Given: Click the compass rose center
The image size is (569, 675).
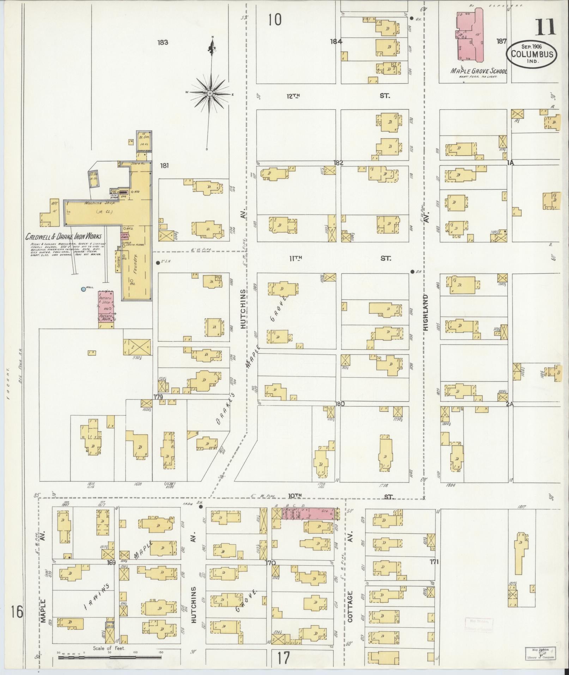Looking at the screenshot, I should (210, 93).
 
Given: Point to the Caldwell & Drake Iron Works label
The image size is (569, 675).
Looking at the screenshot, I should (63, 236).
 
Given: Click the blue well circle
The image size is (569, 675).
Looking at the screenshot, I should (83, 289).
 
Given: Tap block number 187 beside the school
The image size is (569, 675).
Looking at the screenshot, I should (501, 41).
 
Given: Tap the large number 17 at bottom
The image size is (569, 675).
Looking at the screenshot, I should (283, 658).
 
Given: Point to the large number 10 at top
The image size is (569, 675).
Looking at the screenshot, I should (274, 19).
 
